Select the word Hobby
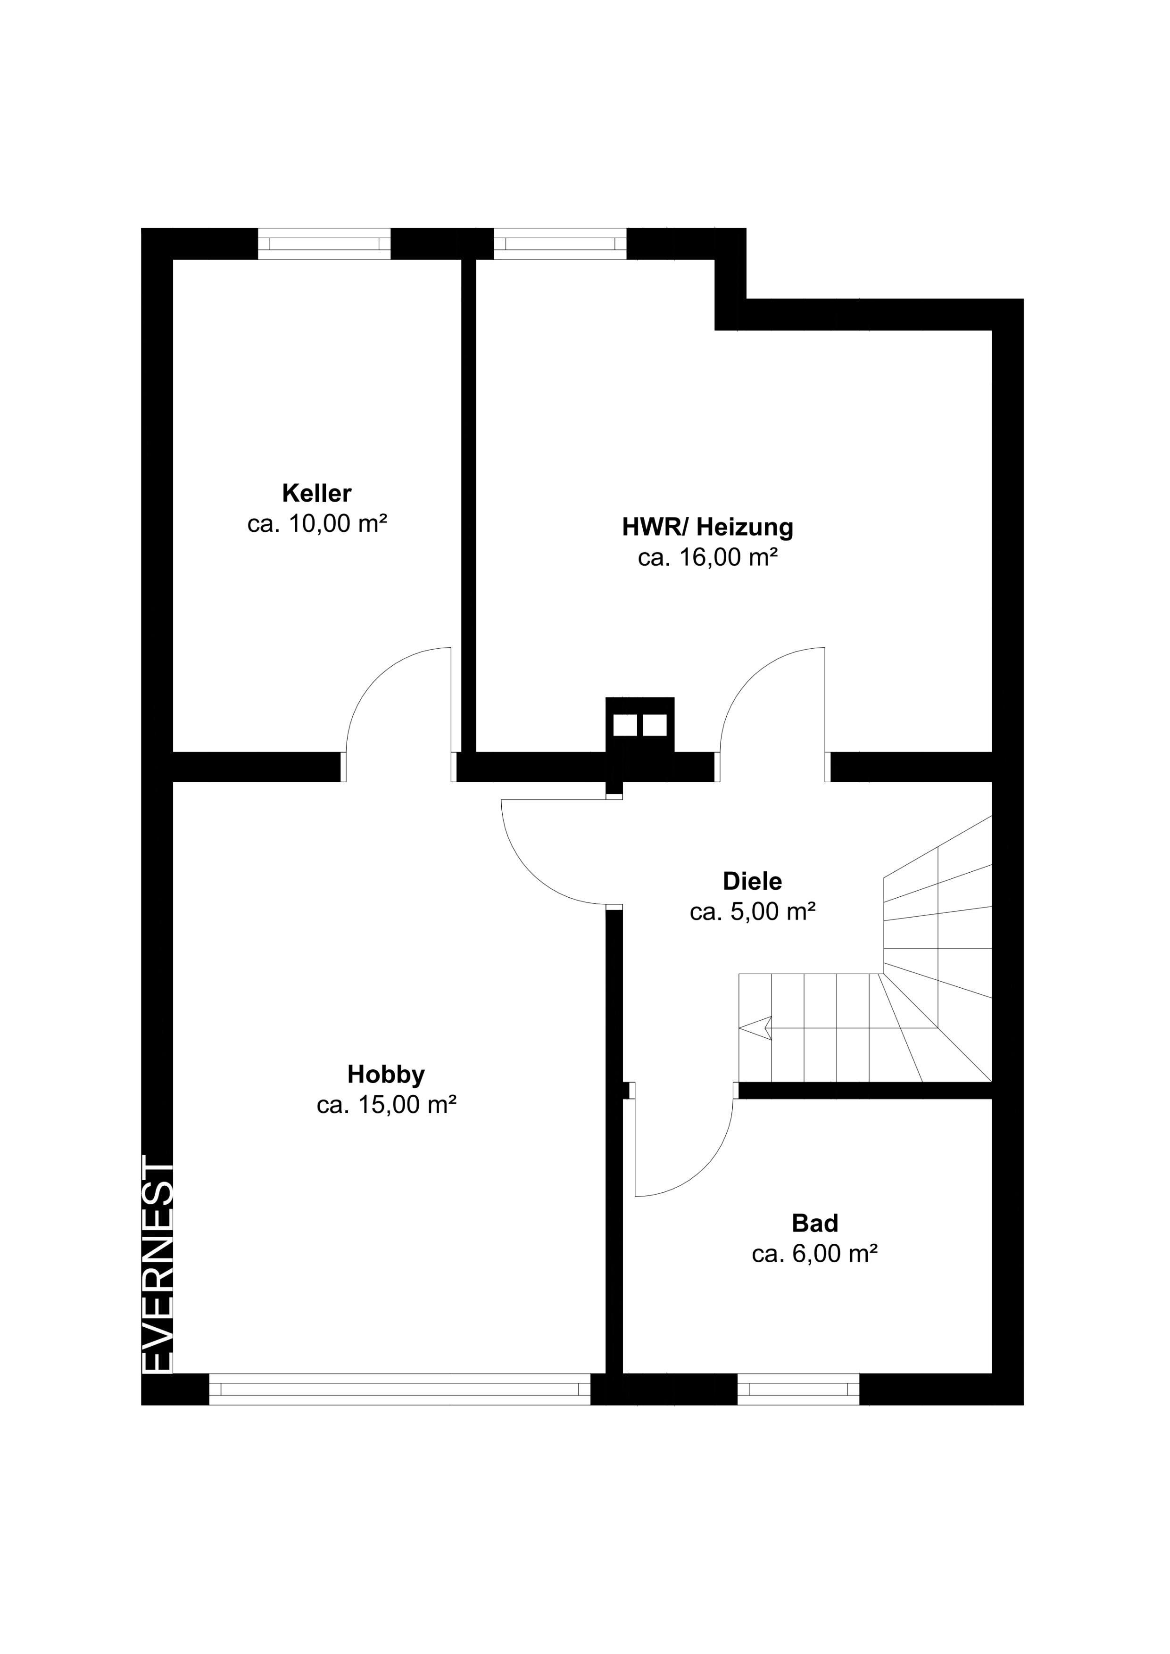pos(386,1075)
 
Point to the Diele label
pos(752,881)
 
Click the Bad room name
pos(815,1223)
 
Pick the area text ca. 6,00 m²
pos(815,1254)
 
